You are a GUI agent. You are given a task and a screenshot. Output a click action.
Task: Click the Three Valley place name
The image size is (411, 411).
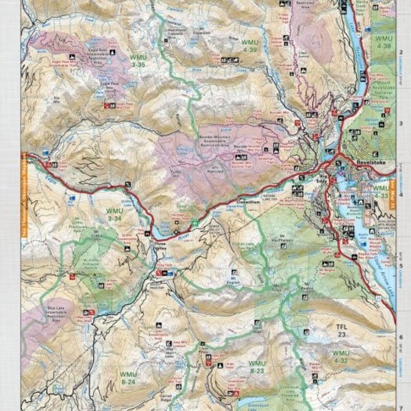pyautogui.click(x=160, y=245)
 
